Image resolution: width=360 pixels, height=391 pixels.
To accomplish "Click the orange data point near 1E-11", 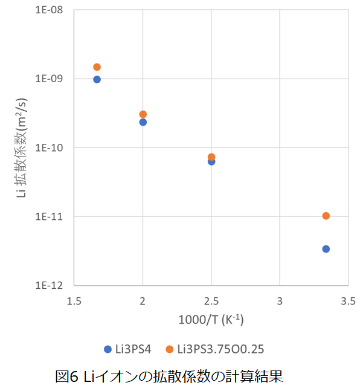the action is pyautogui.click(x=326, y=216).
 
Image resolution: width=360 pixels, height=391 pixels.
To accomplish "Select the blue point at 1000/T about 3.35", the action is pyautogui.click(x=326, y=249).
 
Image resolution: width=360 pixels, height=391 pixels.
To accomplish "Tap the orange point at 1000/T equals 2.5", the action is pyautogui.click(x=211, y=157).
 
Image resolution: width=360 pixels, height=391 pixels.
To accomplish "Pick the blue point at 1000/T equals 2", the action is pyautogui.click(x=143, y=122).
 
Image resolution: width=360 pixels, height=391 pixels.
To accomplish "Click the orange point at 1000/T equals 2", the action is pyautogui.click(x=143, y=114).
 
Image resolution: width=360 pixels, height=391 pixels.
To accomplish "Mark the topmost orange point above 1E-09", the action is pyautogui.click(x=97, y=67).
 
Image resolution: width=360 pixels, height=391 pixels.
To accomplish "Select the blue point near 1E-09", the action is pyautogui.click(x=97, y=80).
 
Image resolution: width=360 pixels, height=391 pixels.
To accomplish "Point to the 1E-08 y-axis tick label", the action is pyautogui.click(x=49, y=10).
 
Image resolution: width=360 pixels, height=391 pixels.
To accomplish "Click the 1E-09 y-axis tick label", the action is pyautogui.click(x=49, y=79).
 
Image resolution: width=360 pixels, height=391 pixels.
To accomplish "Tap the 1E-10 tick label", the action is pyautogui.click(x=49, y=147).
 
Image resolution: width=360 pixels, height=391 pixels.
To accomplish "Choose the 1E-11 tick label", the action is pyautogui.click(x=49, y=216).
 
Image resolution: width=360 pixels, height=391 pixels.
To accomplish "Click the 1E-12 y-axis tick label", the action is pyautogui.click(x=49, y=285).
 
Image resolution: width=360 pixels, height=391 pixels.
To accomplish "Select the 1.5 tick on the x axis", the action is pyautogui.click(x=74, y=301).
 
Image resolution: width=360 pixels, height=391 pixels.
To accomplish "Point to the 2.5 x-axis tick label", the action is pyautogui.click(x=211, y=301).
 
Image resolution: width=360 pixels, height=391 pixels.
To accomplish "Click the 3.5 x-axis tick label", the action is pyautogui.click(x=349, y=301).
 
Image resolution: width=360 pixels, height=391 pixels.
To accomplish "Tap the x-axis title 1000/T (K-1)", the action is pyautogui.click(x=211, y=320).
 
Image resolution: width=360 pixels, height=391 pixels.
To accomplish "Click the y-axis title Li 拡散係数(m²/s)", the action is pyautogui.click(x=21, y=147).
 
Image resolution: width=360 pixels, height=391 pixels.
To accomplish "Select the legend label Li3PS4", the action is pyautogui.click(x=133, y=349).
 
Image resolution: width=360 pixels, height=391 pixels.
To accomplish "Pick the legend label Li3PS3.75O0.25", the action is pyautogui.click(x=220, y=349).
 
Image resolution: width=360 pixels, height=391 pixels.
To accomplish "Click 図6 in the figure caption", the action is pyautogui.click(x=67, y=376).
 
